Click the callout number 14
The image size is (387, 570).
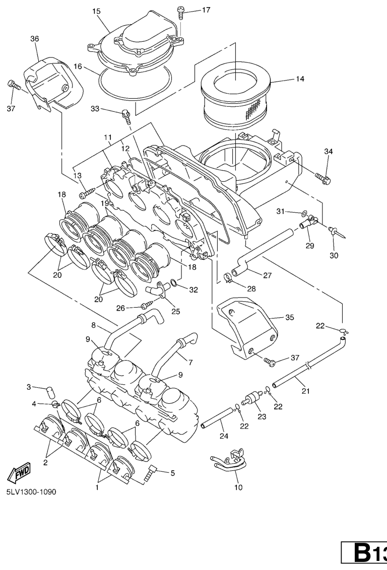(300, 79)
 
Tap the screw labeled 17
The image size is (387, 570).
(181, 12)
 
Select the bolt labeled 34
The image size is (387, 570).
(322, 177)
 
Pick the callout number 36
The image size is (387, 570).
(35, 38)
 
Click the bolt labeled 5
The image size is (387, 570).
(152, 472)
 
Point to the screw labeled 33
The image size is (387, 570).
(126, 116)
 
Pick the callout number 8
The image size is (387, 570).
(93, 325)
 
